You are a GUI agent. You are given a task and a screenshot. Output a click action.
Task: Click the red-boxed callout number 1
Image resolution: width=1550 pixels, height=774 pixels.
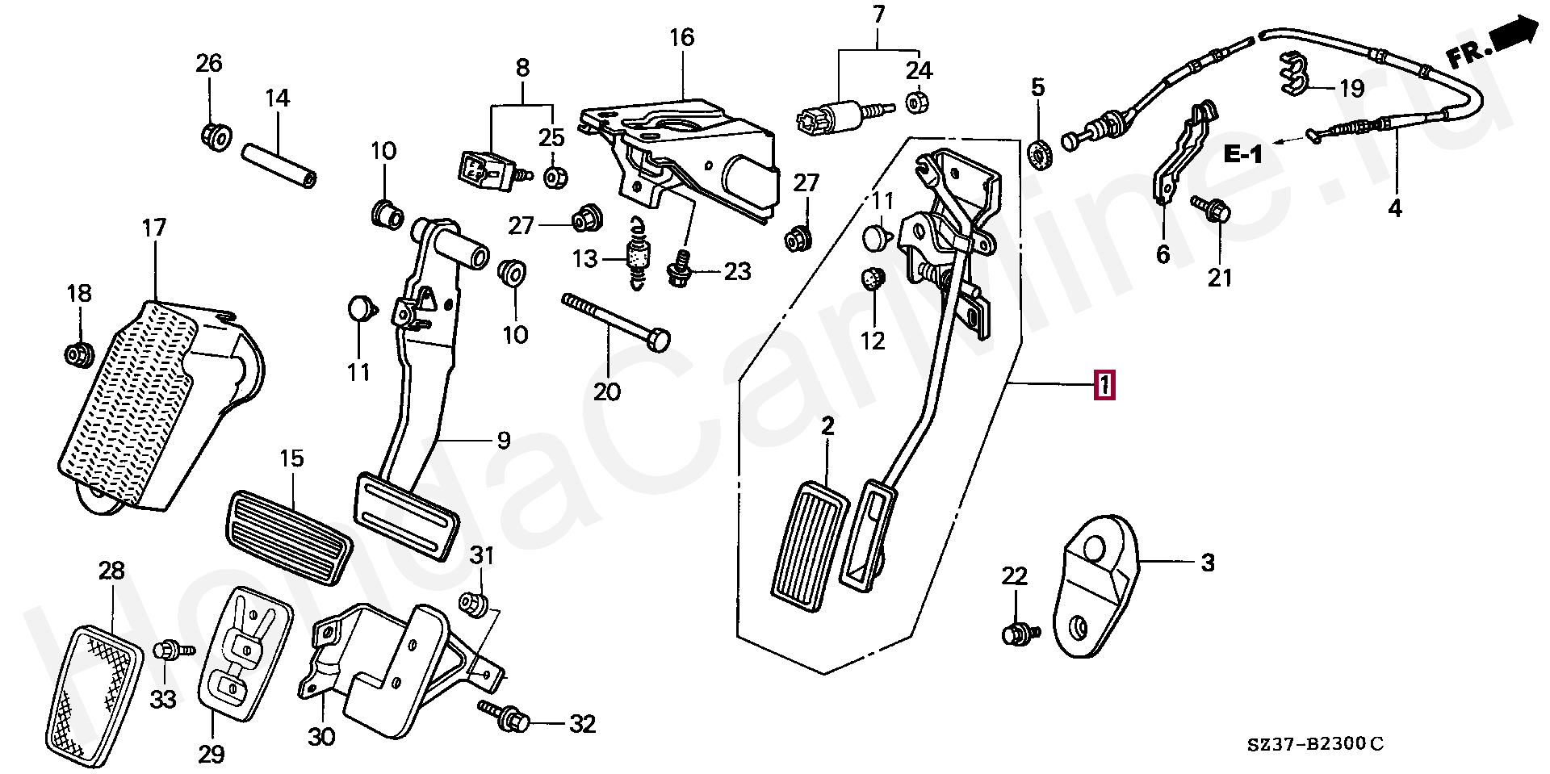coord(1104,385)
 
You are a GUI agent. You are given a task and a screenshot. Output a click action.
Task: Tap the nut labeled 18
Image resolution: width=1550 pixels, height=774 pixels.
coord(78,353)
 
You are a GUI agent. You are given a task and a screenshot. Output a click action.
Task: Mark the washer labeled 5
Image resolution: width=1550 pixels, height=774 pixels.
coord(1041,152)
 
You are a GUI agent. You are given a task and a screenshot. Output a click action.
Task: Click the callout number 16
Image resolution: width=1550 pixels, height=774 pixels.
coord(681,37)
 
